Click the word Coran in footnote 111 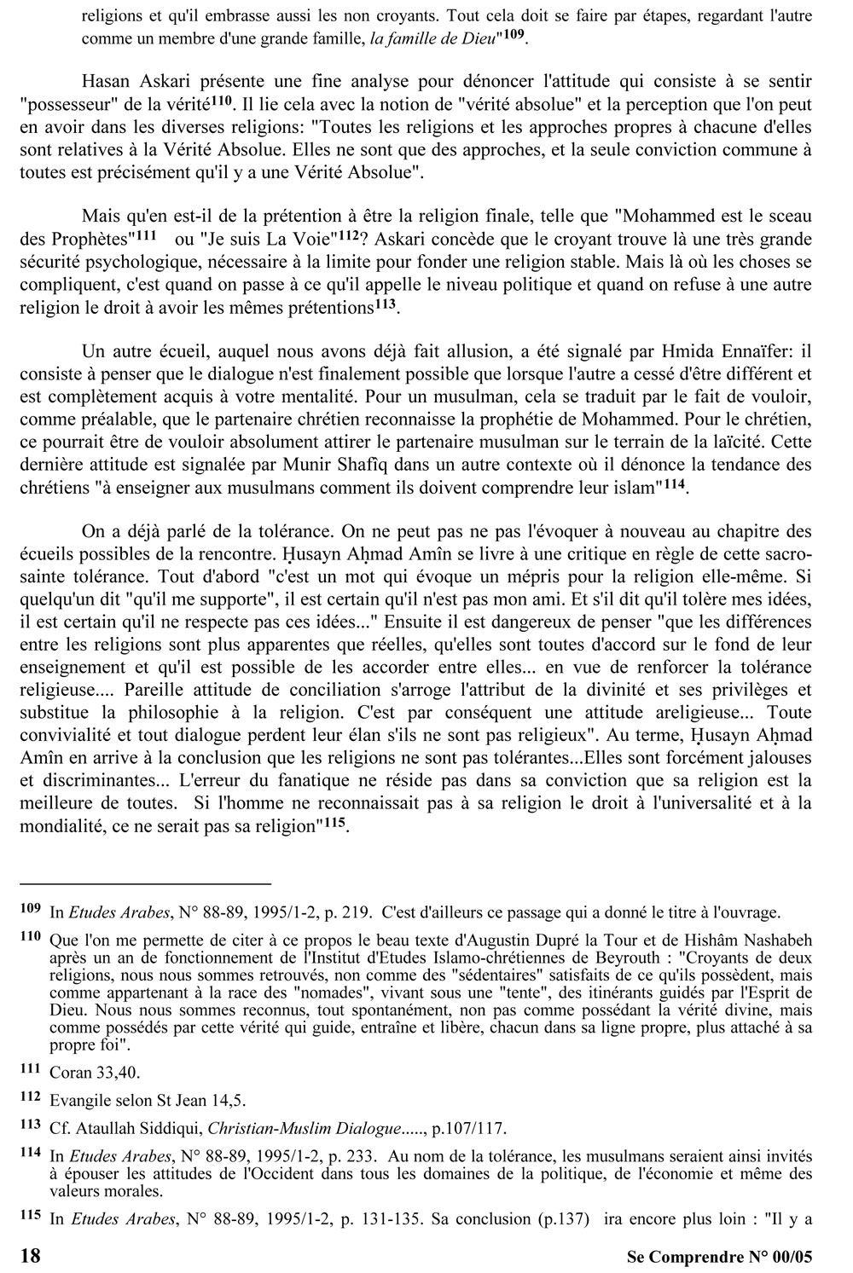[69, 1072]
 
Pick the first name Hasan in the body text [105, 81]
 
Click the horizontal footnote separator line [144, 883]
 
